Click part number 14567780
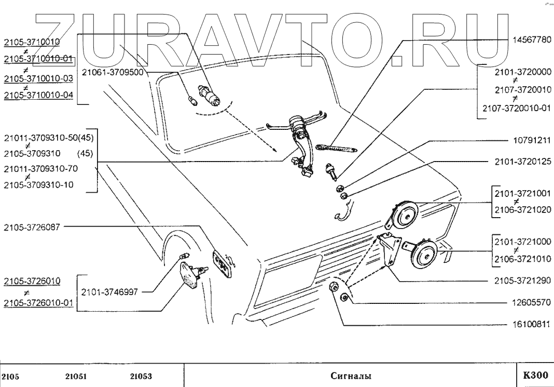(532, 39)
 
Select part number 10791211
(531, 140)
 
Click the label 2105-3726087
(32, 226)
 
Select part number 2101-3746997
(110, 292)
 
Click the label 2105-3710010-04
(38, 96)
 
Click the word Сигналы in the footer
(351, 376)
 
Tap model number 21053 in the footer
(141, 377)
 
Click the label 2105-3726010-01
(38, 303)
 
